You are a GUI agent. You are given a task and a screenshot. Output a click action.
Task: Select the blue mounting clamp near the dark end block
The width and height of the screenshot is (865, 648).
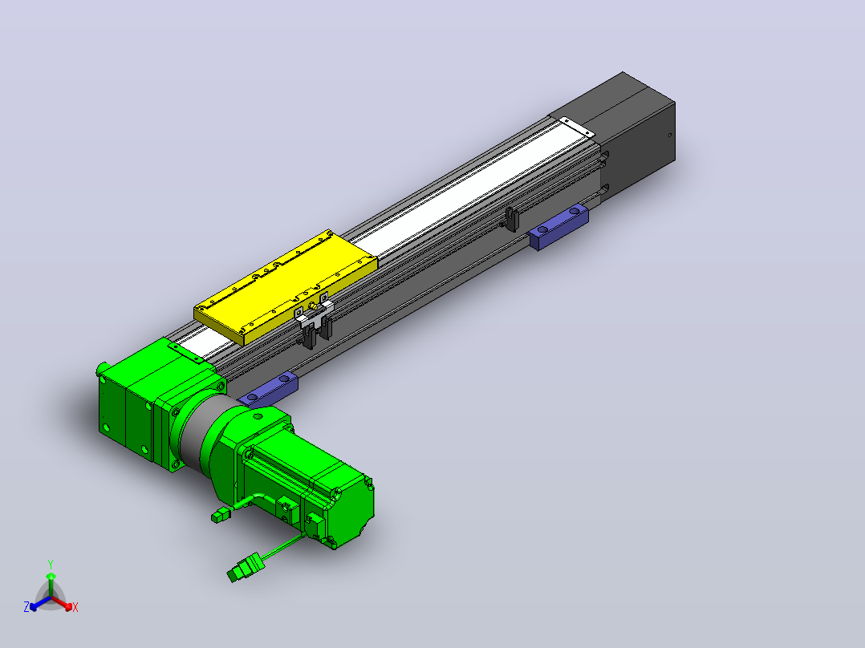(558, 227)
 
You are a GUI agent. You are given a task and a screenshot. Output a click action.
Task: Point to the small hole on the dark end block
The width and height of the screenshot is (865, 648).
(670, 135)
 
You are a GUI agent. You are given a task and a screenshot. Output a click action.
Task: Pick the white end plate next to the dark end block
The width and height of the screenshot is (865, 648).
(577, 128)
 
